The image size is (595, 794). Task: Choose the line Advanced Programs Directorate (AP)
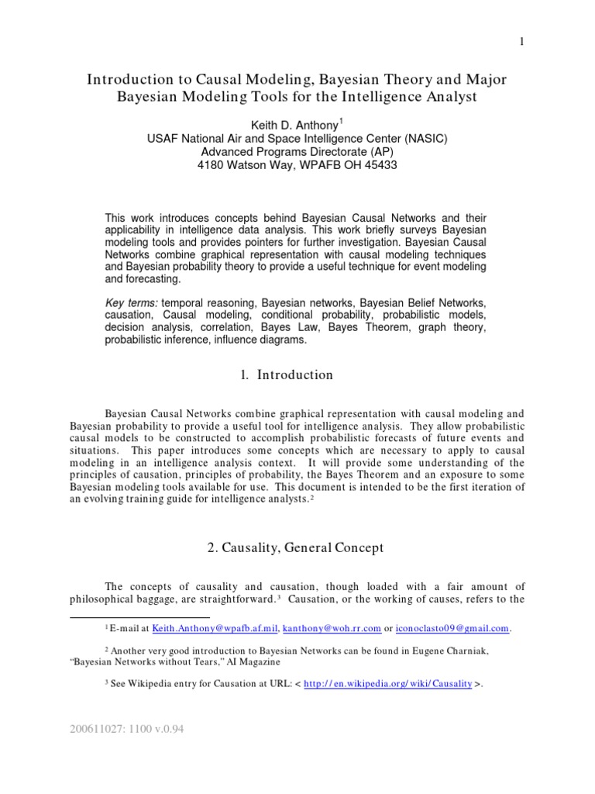click(297, 152)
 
